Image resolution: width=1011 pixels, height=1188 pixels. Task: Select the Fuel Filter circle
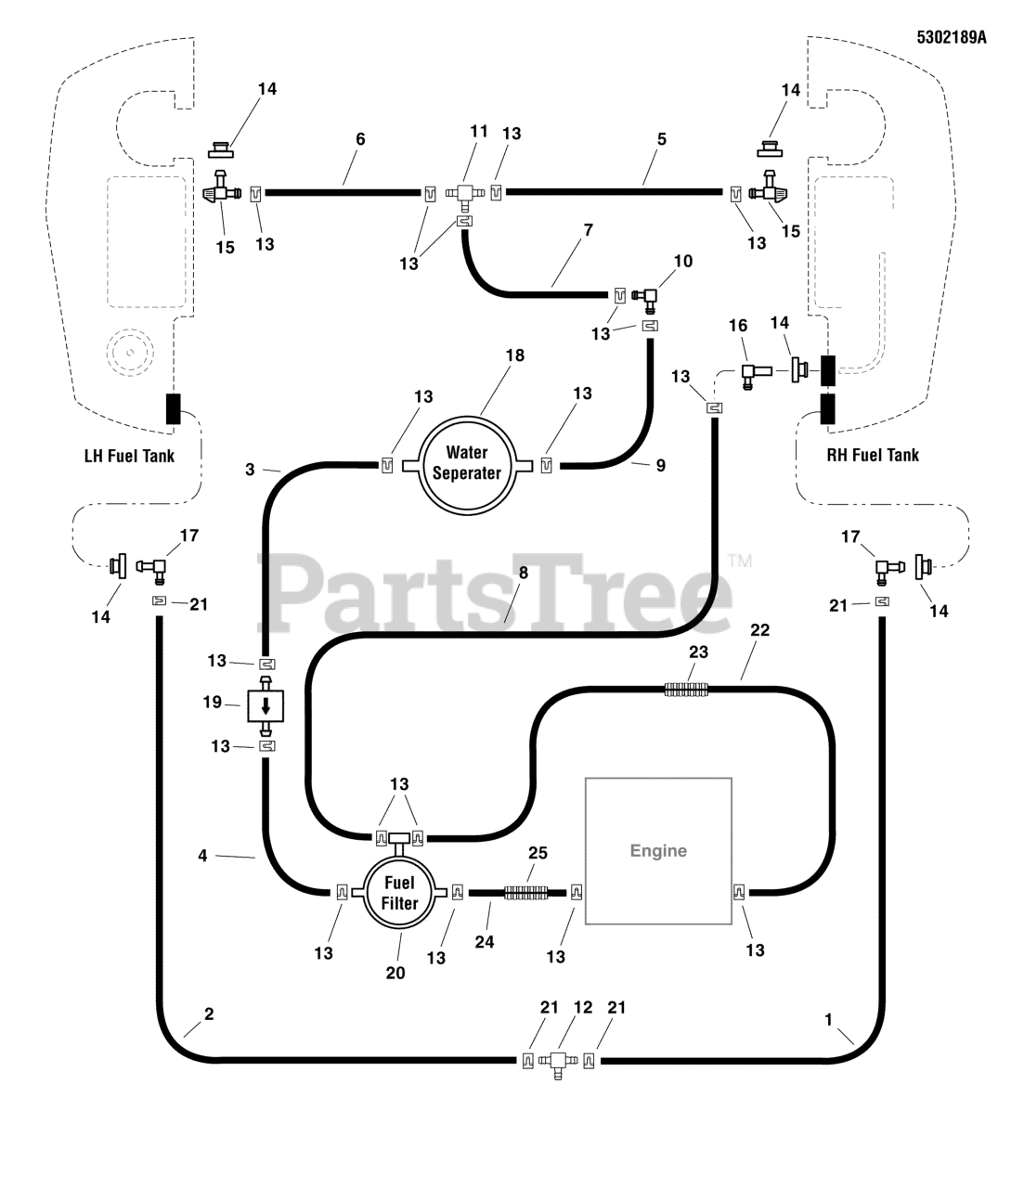[399, 893]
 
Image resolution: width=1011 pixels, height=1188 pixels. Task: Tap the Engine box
[658, 850]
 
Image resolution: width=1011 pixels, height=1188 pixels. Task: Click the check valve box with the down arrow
[266, 705]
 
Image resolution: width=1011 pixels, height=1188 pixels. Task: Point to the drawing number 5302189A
[950, 39]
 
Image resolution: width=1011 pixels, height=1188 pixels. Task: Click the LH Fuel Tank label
[129, 455]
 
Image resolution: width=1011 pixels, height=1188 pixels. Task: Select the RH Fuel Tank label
[873, 455]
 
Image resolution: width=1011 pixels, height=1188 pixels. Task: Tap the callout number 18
[514, 355]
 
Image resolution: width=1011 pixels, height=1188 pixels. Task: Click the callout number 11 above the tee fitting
[478, 132]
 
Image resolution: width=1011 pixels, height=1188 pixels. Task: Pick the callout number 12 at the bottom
[583, 1007]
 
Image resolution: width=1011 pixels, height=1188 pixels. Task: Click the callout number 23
[698, 652]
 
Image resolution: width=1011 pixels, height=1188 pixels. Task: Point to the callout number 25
[538, 852]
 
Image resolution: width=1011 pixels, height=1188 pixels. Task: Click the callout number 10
[682, 262]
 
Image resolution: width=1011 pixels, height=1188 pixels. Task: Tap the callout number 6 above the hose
[360, 139]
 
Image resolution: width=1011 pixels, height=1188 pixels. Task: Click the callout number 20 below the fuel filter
[396, 973]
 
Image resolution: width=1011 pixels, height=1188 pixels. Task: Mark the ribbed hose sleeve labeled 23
[687, 689]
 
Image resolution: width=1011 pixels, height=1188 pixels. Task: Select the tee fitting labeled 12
[559, 1060]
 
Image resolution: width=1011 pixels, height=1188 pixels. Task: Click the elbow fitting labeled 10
[646, 296]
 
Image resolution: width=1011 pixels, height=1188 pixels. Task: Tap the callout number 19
[212, 702]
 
